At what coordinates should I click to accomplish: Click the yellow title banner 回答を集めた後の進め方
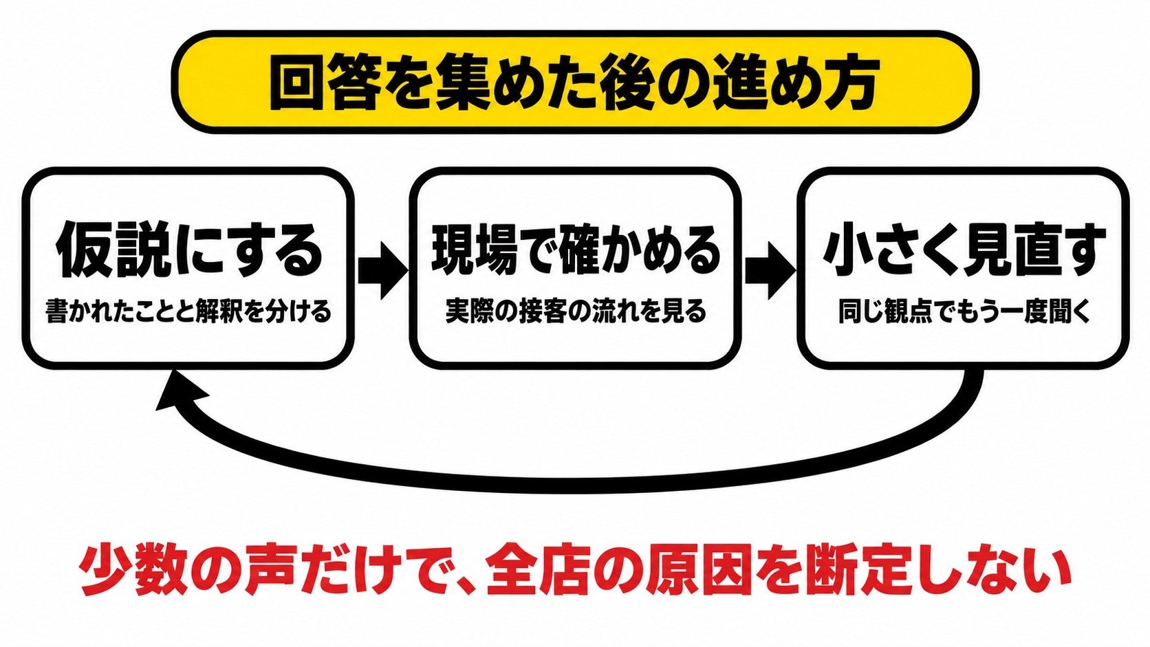coord(575,82)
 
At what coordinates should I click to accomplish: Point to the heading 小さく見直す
coord(964,250)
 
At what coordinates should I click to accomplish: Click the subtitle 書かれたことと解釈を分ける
coord(188,311)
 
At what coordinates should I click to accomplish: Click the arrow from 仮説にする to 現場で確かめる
coord(382,270)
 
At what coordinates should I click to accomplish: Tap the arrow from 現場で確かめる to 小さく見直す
coord(770,270)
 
